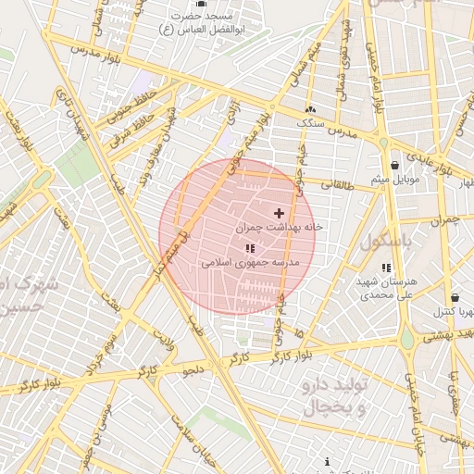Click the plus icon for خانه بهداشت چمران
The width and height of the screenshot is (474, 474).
point(280,213)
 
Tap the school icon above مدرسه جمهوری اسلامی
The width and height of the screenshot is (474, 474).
point(250,249)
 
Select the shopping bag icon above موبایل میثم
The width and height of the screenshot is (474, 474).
point(395,166)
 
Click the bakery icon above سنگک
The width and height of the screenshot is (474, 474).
point(309,109)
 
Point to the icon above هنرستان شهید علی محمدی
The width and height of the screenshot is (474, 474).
point(386,268)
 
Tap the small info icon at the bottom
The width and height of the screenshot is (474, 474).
point(327,461)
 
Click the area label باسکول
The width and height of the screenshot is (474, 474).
point(384,243)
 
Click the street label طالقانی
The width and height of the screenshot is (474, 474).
point(338,185)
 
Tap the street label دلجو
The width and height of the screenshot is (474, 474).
point(192,371)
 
